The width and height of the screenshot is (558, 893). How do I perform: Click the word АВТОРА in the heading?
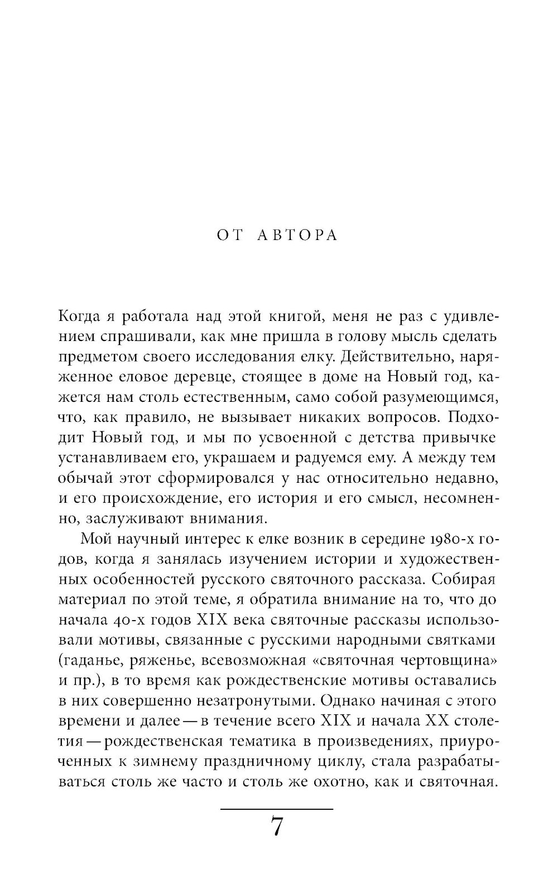click(x=298, y=236)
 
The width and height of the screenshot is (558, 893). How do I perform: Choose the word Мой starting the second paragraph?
click(x=97, y=539)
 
